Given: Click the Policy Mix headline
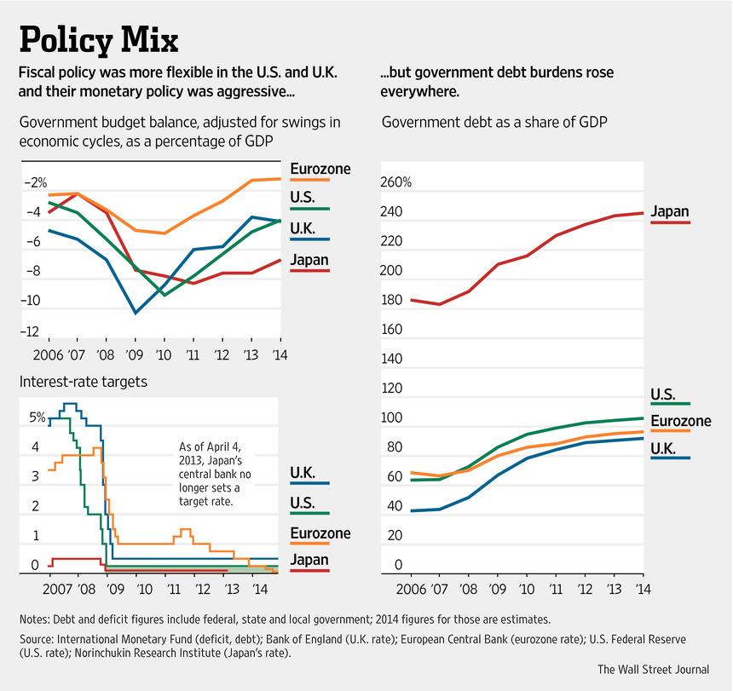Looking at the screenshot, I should pos(99,40).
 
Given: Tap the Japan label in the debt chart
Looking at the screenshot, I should pos(669,212).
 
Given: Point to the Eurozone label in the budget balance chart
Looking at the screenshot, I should pos(320,169).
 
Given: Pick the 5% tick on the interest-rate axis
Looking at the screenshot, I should pos(37,417).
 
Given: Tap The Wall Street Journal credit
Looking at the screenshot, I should pos(652,669).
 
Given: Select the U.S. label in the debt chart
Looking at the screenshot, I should pos(663,394).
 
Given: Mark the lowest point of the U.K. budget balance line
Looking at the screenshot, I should pos(136,313).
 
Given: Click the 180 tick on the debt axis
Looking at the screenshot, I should pos(392,301).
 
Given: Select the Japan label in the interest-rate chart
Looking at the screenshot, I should pos(309,560).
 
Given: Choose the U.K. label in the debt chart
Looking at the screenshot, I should pos(665,448).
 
